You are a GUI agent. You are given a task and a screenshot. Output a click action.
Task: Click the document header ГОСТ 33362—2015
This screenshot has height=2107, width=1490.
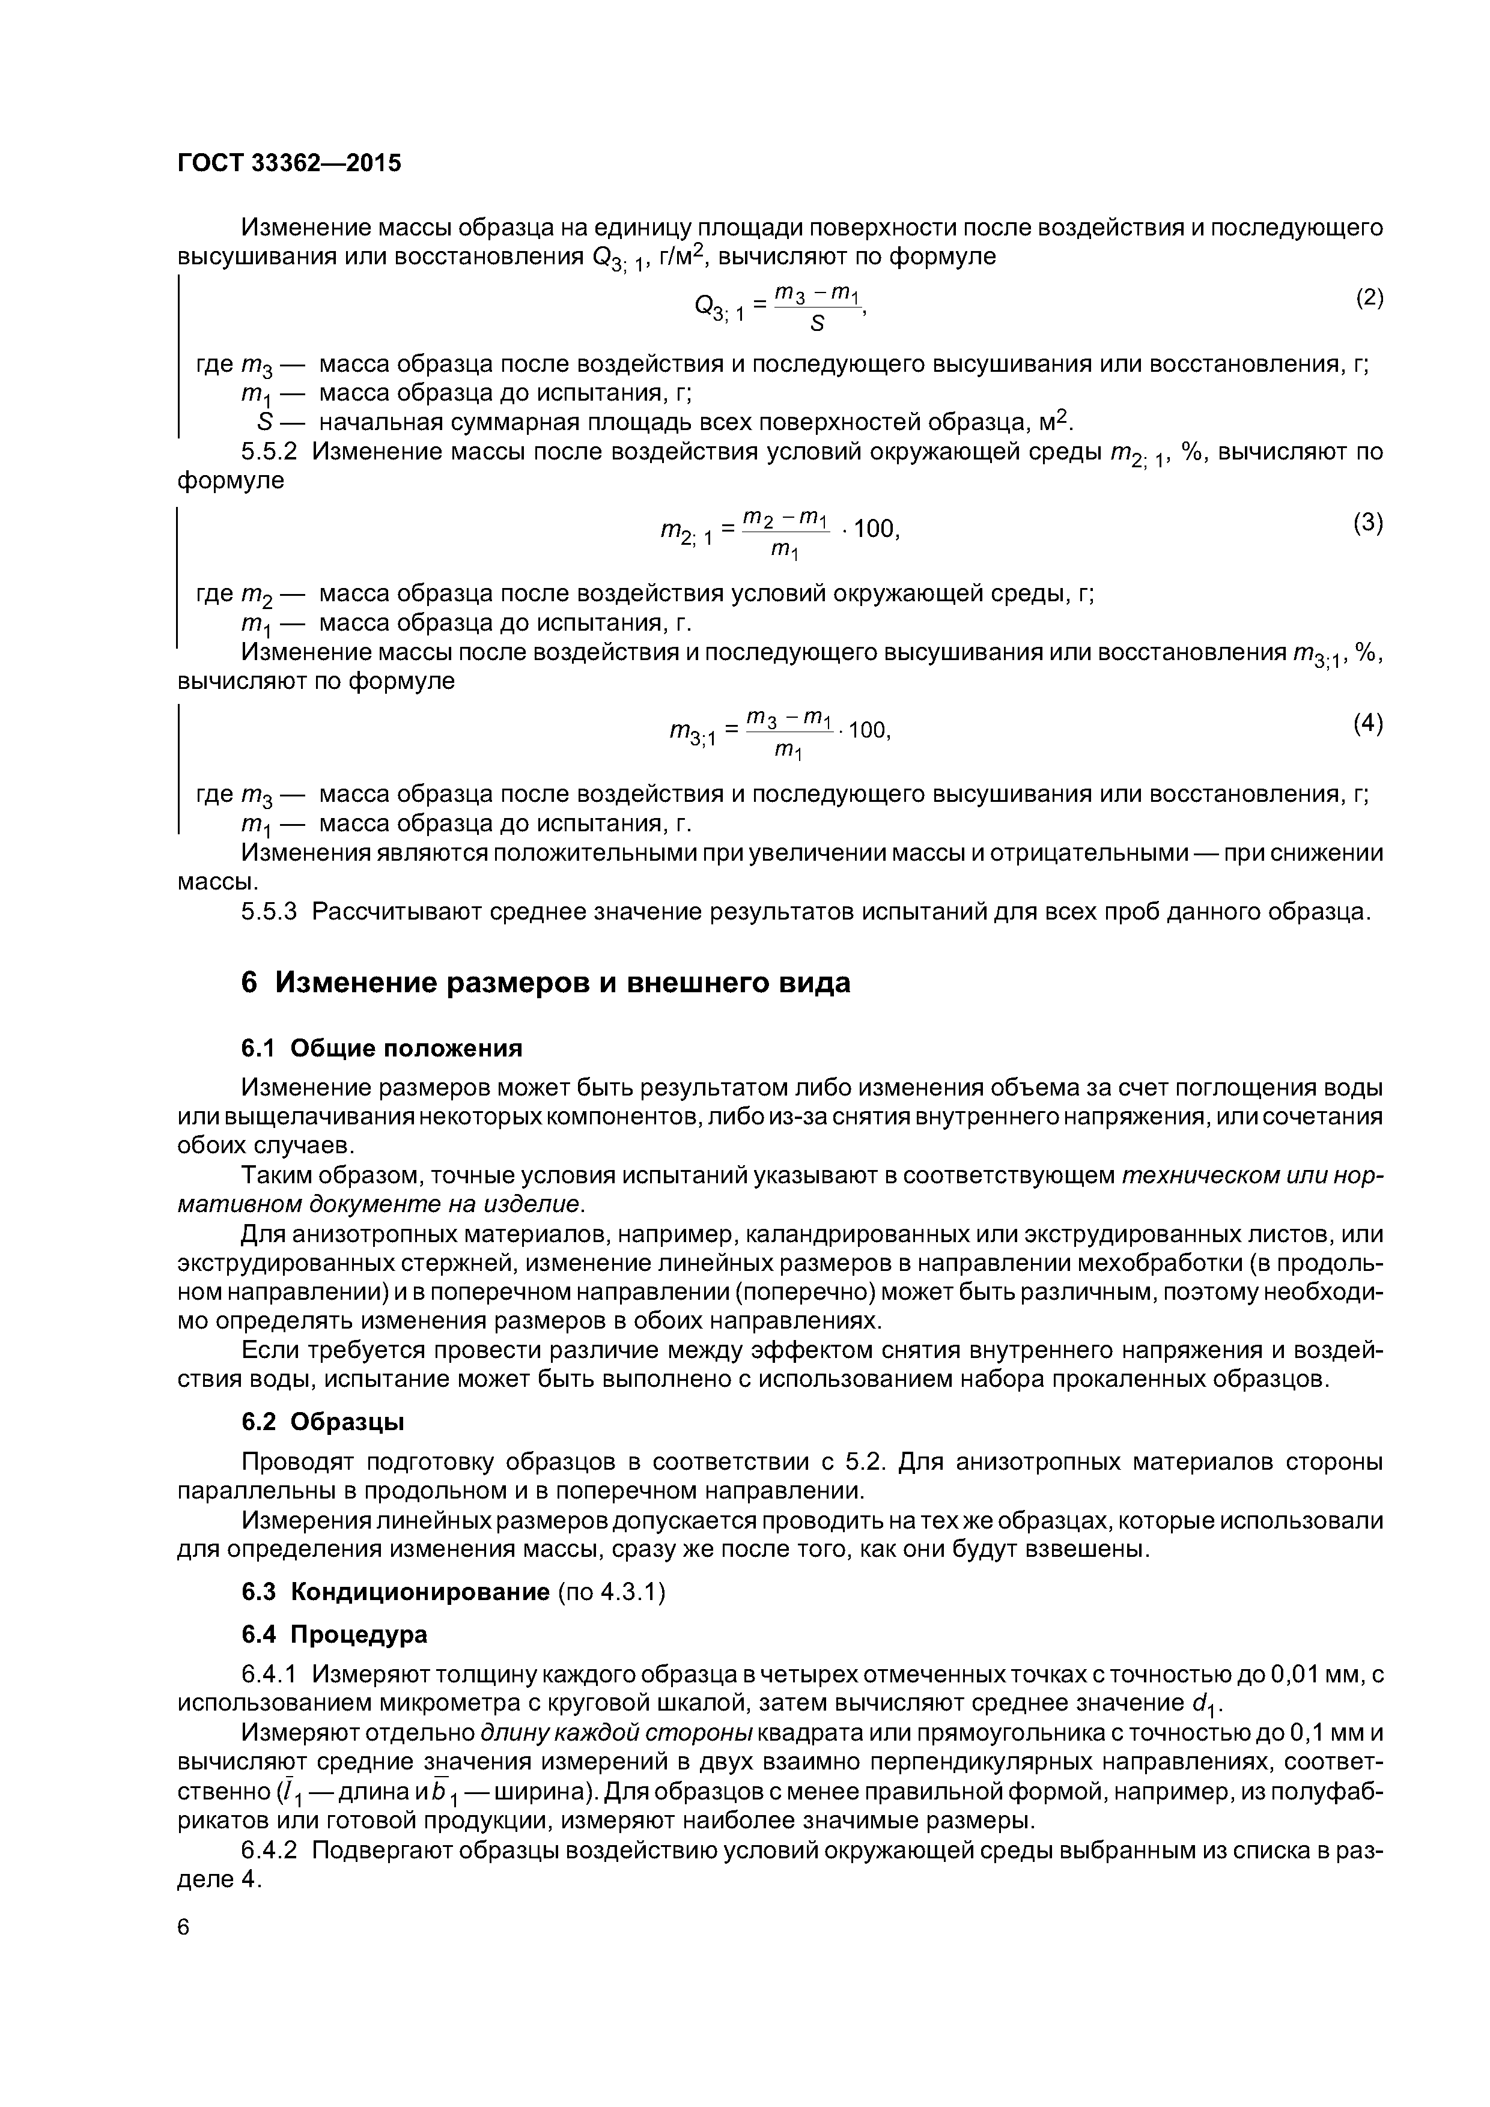[x=289, y=163]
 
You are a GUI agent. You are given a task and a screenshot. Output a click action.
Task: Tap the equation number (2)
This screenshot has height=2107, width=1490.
[x=1369, y=299]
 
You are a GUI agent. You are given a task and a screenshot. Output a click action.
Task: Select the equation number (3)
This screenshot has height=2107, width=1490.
[x=1368, y=523]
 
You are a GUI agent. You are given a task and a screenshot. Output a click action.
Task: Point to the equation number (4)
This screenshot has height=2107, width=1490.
[x=1368, y=724]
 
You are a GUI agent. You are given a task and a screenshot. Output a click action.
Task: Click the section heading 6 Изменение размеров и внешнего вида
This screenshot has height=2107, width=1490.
[x=546, y=983]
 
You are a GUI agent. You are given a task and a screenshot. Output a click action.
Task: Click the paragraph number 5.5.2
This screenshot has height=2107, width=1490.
[x=269, y=452]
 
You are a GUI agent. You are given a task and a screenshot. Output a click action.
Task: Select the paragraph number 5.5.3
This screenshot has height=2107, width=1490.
[x=269, y=912]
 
